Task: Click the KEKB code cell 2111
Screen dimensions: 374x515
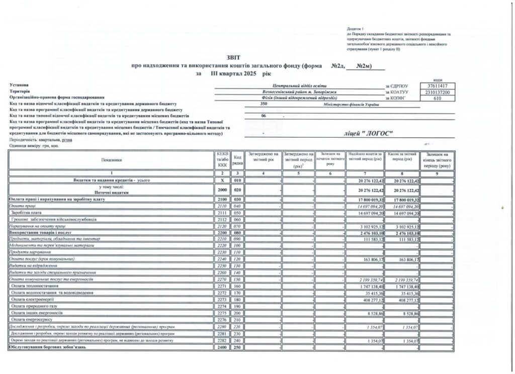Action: [x=223, y=213]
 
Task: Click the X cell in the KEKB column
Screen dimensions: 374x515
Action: [x=223, y=179]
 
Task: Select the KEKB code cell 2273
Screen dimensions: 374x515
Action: [x=223, y=299]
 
